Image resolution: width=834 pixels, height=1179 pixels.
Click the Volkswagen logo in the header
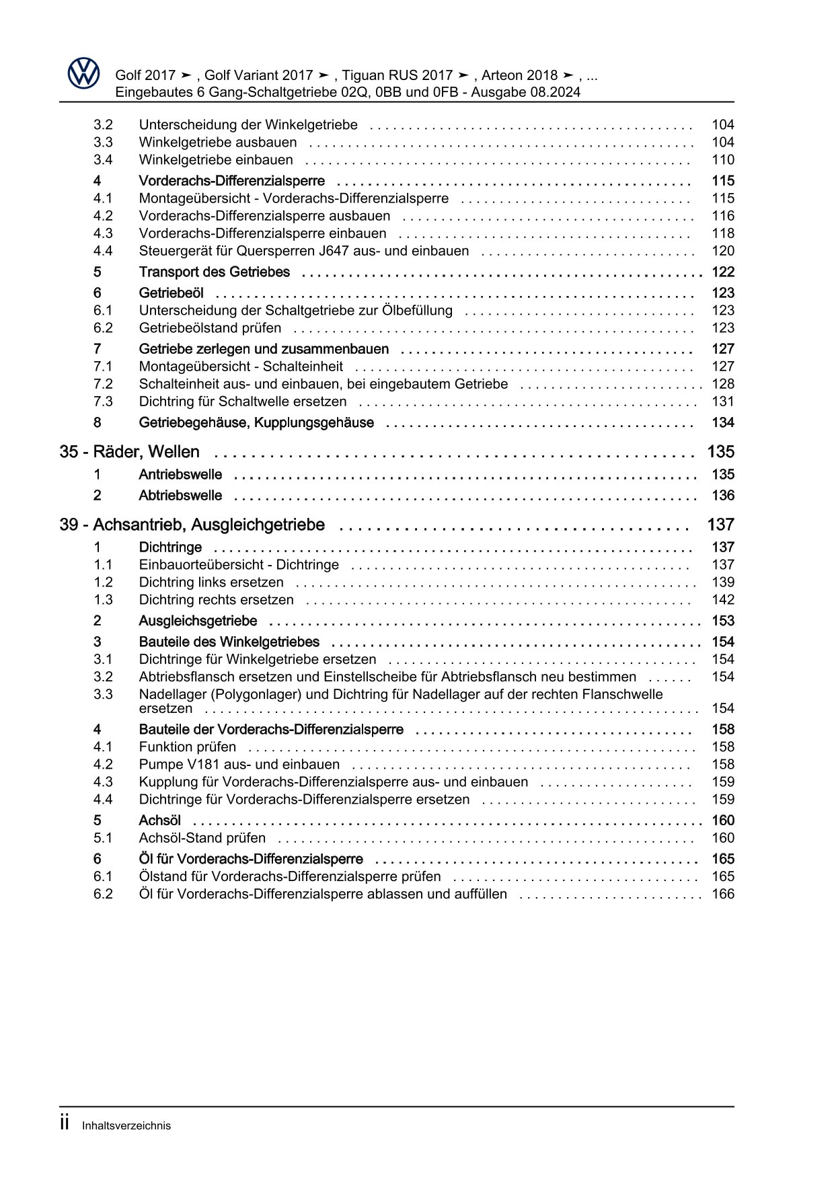[x=83, y=73]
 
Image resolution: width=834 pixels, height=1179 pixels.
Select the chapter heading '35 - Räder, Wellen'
[x=129, y=452]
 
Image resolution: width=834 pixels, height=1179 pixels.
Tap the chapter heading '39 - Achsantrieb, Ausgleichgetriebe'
[x=192, y=525]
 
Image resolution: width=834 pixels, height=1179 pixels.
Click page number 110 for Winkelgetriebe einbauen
[x=722, y=160]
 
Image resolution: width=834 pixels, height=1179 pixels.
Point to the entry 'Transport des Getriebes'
[x=214, y=272]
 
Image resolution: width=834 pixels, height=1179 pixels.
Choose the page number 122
[x=722, y=272]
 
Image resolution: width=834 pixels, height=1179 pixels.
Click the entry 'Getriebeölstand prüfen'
[x=210, y=328]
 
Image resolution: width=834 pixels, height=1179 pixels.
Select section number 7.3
[x=103, y=402]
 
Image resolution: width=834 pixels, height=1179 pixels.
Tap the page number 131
[x=722, y=402]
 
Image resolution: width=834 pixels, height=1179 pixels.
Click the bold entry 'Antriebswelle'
[x=180, y=475]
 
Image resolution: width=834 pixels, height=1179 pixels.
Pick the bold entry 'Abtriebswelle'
[x=180, y=496]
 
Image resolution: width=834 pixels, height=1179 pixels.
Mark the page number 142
[x=722, y=600]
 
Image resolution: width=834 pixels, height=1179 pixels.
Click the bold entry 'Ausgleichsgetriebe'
[x=198, y=621]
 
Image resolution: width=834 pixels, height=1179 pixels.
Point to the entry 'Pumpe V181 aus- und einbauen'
[x=239, y=765]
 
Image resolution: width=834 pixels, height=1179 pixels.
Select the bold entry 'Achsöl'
[x=159, y=821]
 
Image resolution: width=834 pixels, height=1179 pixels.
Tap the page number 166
[x=722, y=894]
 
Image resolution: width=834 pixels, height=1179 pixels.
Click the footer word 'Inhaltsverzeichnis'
[x=126, y=1126]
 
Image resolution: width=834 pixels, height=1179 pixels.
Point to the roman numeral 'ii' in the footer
[x=65, y=1124]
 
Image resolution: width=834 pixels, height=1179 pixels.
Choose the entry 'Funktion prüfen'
[x=187, y=747]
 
